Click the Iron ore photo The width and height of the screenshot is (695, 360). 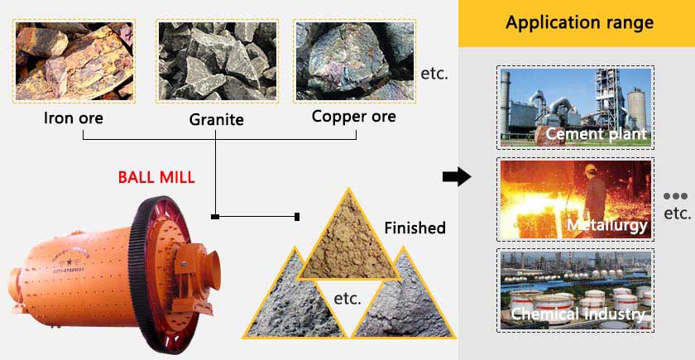click(x=74, y=61)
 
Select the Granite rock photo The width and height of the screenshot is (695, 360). click(x=217, y=61)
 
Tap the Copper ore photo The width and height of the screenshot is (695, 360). click(x=355, y=61)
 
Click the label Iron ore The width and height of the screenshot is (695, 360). click(x=73, y=118)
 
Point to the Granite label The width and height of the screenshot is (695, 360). click(x=216, y=120)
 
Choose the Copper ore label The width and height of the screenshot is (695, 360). click(x=354, y=116)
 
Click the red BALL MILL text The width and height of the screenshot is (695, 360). click(x=156, y=177)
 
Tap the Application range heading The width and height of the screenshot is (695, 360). click(x=579, y=22)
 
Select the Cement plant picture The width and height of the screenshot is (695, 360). click(x=575, y=108)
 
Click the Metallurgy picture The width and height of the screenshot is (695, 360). click(x=575, y=199)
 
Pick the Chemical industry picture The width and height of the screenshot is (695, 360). click(x=575, y=290)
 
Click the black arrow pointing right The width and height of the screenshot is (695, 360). click(x=457, y=177)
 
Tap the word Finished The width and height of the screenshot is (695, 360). click(x=415, y=228)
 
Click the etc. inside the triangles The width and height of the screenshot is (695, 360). click(x=347, y=299)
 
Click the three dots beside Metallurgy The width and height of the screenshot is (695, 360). click(x=675, y=196)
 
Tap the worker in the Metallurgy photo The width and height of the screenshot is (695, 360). click(x=594, y=193)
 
